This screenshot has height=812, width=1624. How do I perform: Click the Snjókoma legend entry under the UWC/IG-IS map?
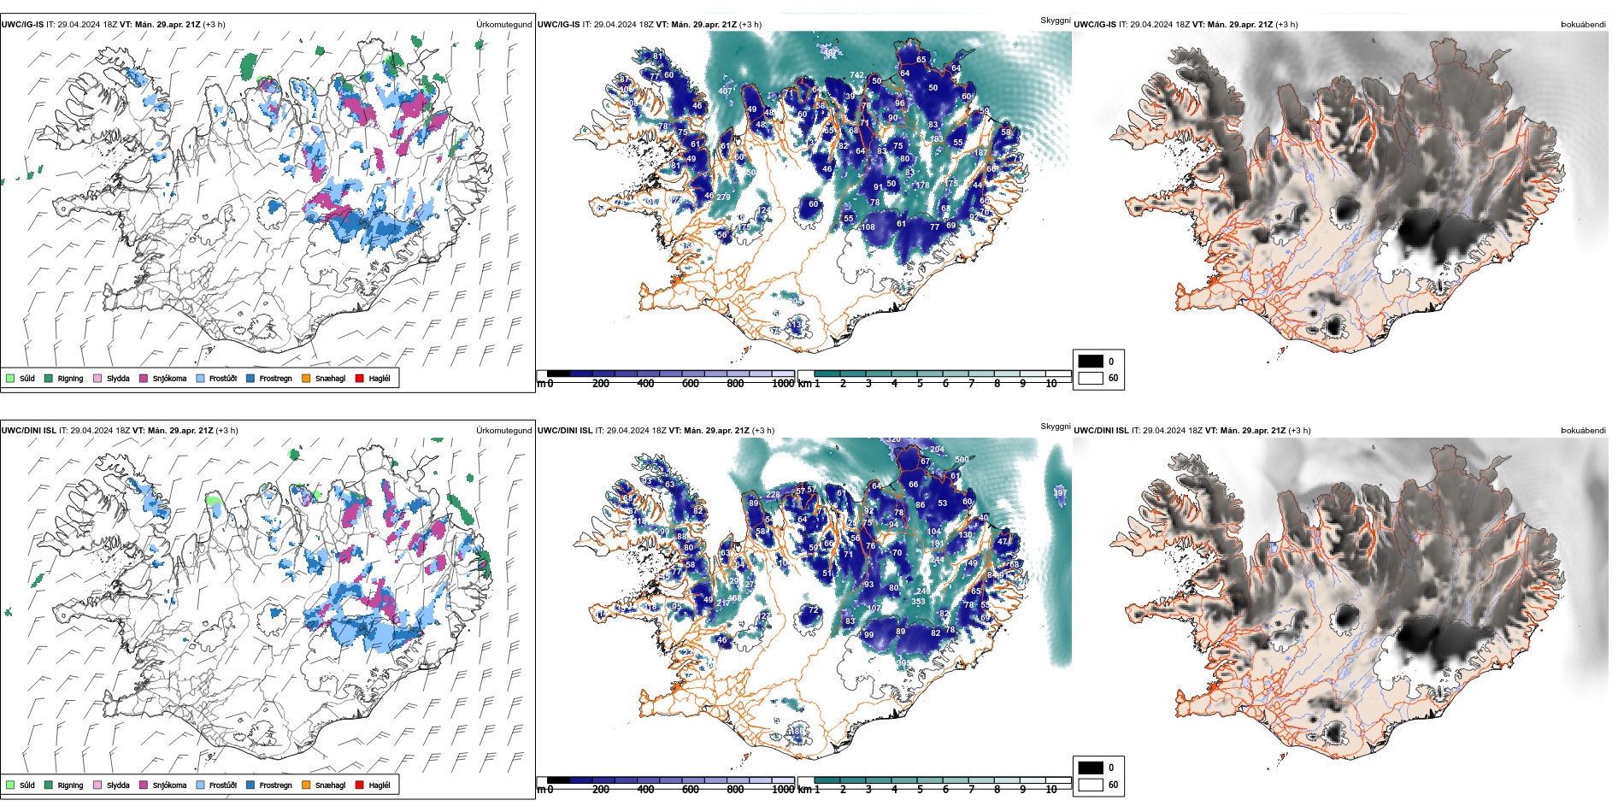click(168, 379)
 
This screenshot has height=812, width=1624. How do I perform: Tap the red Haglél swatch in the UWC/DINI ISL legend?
click(359, 785)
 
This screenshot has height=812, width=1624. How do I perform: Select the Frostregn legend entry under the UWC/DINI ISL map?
click(275, 785)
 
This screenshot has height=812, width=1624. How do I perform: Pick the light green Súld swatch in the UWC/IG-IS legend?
click(10, 378)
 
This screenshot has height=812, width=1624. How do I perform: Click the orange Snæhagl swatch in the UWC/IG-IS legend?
click(305, 378)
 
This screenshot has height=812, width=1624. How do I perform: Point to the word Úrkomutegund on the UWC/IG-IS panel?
click(503, 25)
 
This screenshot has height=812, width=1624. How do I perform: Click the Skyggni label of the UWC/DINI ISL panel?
click(1055, 426)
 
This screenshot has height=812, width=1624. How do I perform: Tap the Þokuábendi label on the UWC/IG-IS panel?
click(1583, 25)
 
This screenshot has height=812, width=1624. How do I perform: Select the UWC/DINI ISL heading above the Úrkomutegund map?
click(28, 431)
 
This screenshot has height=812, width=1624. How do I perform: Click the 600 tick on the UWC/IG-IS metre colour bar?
click(690, 384)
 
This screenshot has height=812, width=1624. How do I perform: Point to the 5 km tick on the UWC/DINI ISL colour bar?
click(921, 790)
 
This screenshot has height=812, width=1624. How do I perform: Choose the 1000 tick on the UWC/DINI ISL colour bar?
click(782, 790)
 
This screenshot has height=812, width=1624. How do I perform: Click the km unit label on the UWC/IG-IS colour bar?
click(804, 384)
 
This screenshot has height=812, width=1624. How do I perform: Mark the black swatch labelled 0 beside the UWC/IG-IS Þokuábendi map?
click(1091, 362)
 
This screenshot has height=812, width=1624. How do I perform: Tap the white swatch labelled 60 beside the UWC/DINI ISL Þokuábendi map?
click(1091, 785)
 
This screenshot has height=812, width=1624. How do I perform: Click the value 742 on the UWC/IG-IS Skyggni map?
click(856, 76)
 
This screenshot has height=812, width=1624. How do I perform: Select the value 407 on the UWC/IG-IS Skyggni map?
click(726, 91)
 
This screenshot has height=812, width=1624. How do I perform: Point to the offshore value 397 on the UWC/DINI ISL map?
click(1060, 493)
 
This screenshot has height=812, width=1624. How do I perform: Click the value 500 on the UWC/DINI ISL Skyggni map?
click(962, 460)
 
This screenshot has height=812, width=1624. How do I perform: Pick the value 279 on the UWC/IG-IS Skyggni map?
click(723, 197)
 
